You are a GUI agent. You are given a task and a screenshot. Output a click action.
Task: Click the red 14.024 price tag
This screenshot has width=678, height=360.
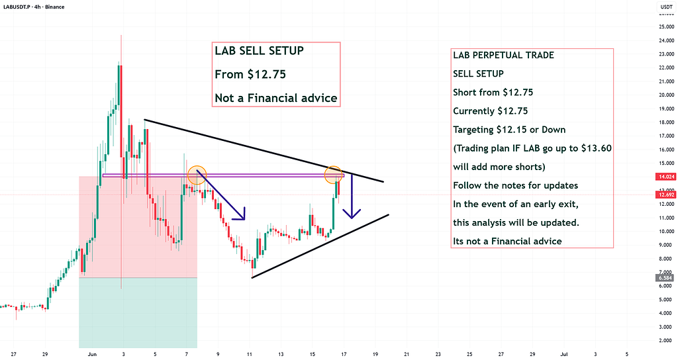pyautogui.click(x=665, y=176)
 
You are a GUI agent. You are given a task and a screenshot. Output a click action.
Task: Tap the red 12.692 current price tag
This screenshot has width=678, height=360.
pyautogui.click(x=665, y=195)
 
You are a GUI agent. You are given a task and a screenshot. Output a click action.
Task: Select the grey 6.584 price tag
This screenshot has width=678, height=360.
pyautogui.click(x=665, y=278)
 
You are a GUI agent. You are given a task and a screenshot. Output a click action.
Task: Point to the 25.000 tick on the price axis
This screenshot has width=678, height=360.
pyautogui.click(x=666, y=26)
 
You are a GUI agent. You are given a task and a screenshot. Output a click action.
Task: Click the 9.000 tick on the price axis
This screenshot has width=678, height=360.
pyautogui.click(x=666, y=245)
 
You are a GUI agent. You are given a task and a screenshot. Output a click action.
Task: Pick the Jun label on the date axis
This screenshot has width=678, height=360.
pyautogui.click(x=92, y=355)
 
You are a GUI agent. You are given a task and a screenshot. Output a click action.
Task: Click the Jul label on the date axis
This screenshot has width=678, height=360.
pyautogui.click(x=564, y=355)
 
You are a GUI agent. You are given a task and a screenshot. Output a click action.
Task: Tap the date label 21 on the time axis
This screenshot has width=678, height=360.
pyautogui.click(x=407, y=355)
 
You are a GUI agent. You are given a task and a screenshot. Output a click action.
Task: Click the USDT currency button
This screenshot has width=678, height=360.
pyautogui.click(x=666, y=7)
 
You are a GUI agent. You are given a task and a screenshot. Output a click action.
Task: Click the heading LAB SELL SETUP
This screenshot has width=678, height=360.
pyautogui.click(x=259, y=50)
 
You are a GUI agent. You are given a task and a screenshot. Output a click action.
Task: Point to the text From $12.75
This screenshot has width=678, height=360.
pyautogui.click(x=250, y=74)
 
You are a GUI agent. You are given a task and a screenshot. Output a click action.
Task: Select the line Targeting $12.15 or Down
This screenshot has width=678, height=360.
pyautogui.click(x=509, y=130)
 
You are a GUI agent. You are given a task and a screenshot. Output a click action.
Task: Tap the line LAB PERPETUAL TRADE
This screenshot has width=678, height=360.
pyautogui.click(x=503, y=55)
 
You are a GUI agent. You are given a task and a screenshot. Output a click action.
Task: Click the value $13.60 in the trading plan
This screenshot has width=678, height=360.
pyautogui.click(x=597, y=148)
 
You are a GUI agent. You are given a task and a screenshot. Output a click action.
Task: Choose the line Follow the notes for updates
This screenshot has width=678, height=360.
pyautogui.click(x=515, y=185)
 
